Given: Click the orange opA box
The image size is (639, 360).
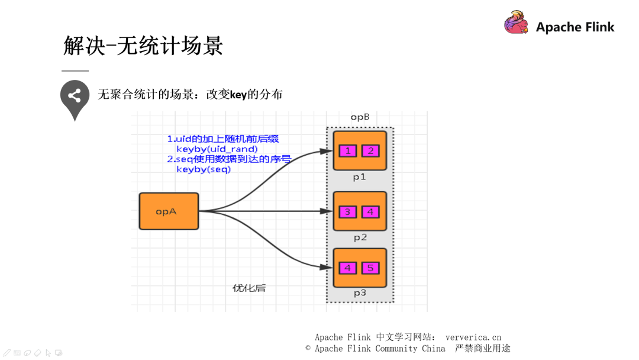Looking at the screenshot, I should coord(169,211).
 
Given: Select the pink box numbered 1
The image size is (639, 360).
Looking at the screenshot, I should coord(348,151).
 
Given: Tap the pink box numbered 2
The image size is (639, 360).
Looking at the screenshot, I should coord(370,151).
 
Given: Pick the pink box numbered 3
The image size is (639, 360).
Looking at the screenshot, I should coord(348,211).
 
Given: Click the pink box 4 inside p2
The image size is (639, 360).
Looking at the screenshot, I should coord(370,211).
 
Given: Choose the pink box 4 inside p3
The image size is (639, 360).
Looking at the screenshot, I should coord(348,268).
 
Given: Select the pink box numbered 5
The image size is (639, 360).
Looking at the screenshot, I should coord(370,268).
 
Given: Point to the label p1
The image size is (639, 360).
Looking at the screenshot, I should coord(360,176).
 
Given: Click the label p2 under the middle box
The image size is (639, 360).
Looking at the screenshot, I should coord(360,237).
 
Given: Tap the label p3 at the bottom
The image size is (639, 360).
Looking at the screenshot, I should coord(360,293).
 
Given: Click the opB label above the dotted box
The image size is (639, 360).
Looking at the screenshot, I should coord(360,117).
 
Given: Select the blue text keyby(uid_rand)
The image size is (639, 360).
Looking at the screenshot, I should coord(217,149).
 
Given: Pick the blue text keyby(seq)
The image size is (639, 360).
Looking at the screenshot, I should coord(204,169).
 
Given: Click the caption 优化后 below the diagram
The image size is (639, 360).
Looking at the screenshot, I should coord(249,288).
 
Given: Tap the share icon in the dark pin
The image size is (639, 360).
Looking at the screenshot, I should coord(75,95).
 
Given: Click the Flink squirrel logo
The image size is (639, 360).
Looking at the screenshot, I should coord(516,24).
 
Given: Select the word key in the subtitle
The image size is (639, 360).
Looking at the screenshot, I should coord(238,95).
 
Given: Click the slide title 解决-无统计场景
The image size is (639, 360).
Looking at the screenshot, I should coord(143,46).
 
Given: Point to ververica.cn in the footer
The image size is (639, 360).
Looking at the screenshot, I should coord(473,337).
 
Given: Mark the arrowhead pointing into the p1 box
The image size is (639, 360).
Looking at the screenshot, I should coord(327,152).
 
